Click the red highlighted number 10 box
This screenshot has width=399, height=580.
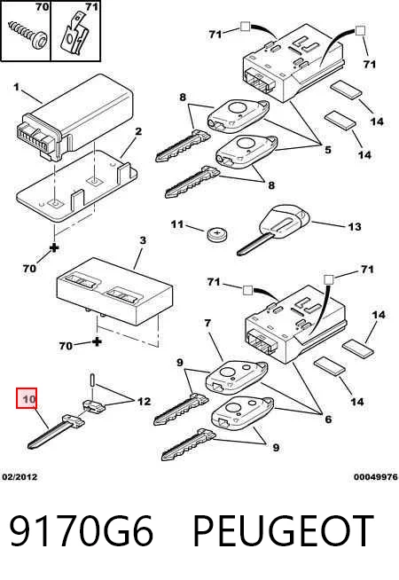coord(27,398)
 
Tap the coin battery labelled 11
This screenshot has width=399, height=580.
coord(217,235)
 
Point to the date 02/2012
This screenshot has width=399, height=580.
coord(20,477)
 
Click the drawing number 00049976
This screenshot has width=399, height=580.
coord(376,477)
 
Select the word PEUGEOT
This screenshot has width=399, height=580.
coord(283,531)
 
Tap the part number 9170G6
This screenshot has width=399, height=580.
coord(81,531)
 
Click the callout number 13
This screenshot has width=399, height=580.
coord(355,226)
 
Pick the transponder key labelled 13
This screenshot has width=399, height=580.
coord(273,229)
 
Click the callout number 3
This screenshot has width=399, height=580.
coord(143,240)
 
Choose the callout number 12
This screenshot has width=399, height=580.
coord(145,402)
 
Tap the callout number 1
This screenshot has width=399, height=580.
coord(16,87)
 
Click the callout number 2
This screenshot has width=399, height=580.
coord(138,131)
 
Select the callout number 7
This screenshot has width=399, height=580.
coord(207,323)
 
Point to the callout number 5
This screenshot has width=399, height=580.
coord(328,150)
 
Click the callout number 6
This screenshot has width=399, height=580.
coord(328,419)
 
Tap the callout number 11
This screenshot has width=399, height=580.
coord(177,224)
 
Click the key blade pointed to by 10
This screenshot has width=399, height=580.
coord(56,431)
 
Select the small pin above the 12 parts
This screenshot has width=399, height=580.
coord(91,380)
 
